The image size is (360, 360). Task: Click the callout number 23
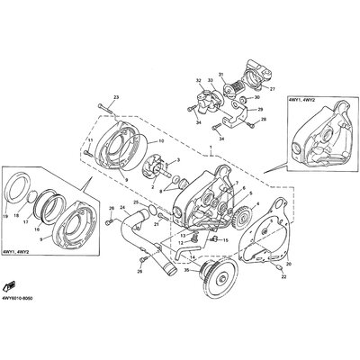click(115, 96)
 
